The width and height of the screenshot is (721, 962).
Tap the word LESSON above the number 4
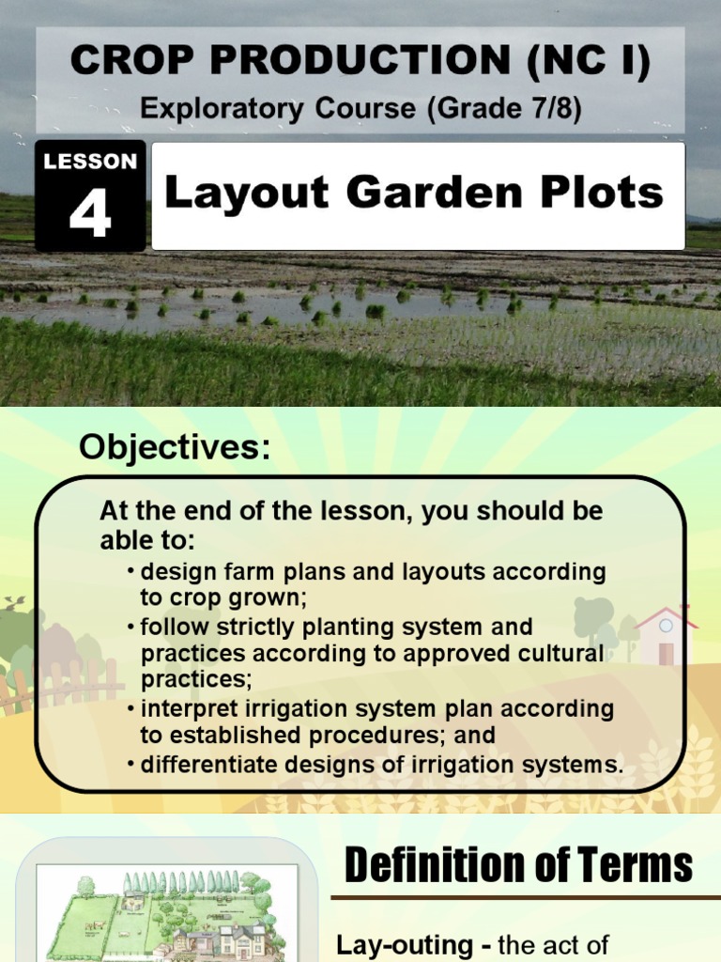pyautogui.click(x=90, y=162)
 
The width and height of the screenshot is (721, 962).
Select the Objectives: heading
pyautogui.click(x=174, y=448)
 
